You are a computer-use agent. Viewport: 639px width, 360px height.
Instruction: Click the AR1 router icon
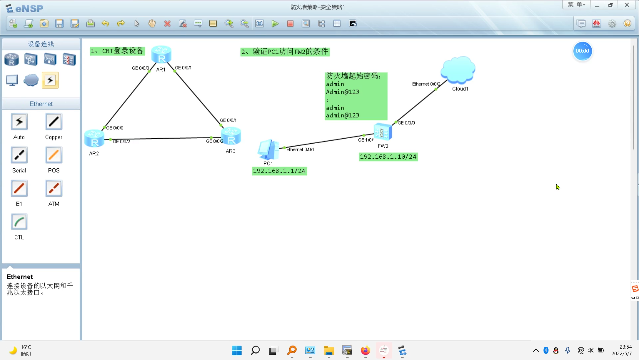click(161, 55)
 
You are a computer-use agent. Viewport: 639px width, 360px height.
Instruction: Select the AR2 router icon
click(94, 139)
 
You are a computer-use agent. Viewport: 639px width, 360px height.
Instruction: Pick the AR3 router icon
click(231, 136)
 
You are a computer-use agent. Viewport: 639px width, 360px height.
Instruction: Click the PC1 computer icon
click(268, 150)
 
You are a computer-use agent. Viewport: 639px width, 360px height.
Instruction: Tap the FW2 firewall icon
click(383, 132)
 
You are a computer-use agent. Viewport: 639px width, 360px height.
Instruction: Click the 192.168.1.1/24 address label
click(279, 171)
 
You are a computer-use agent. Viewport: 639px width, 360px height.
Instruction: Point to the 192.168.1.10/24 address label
click(388, 157)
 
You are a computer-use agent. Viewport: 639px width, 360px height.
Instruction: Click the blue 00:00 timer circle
click(582, 51)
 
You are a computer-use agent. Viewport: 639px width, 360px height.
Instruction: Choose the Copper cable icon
click(54, 122)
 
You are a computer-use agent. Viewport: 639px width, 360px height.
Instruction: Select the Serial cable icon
click(19, 155)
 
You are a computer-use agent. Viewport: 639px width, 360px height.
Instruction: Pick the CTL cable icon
click(19, 222)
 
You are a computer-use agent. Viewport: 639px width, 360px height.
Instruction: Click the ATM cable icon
click(54, 189)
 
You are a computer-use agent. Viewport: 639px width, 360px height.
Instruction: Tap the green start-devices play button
click(275, 24)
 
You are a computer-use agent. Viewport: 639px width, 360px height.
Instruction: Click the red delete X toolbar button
click(167, 24)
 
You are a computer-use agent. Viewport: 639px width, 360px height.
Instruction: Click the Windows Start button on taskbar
click(237, 350)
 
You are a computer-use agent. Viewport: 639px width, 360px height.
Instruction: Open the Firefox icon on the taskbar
click(365, 350)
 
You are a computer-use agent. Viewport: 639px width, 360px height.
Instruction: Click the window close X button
click(627, 5)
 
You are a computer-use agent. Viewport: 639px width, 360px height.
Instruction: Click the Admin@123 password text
click(342, 92)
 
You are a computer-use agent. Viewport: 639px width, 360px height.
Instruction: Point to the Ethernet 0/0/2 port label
click(426, 84)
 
